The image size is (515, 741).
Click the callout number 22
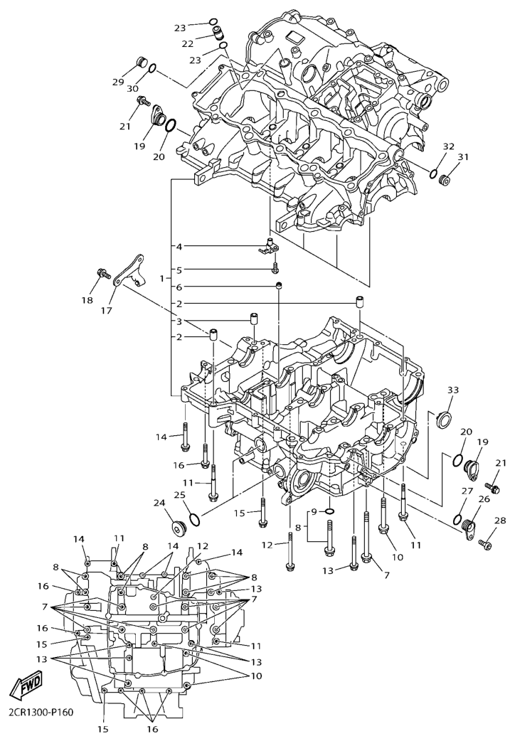(188, 43)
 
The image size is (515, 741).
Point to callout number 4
(180, 247)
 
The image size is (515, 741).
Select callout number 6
(180, 287)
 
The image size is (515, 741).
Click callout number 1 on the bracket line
(162, 278)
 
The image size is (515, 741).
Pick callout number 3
(180, 321)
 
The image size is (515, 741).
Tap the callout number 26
(484, 499)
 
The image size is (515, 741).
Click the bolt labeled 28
(487, 545)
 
